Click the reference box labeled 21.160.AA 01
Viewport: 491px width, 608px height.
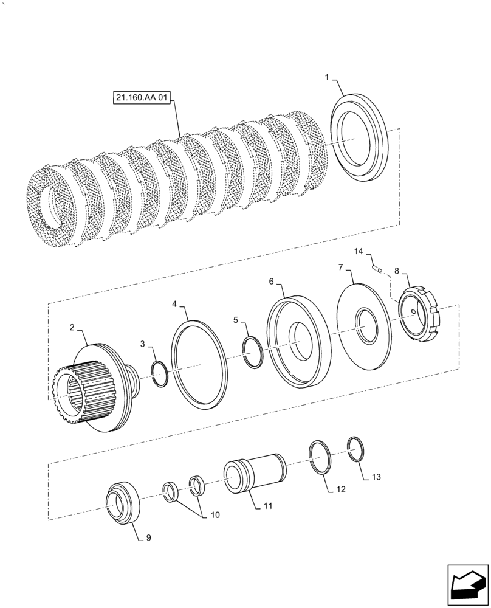(x=141, y=98)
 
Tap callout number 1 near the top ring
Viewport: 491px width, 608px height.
(x=326, y=78)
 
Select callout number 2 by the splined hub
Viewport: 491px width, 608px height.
(x=72, y=327)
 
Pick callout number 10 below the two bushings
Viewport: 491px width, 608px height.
(x=215, y=515)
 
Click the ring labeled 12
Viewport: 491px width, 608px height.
(x=319, y=457)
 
